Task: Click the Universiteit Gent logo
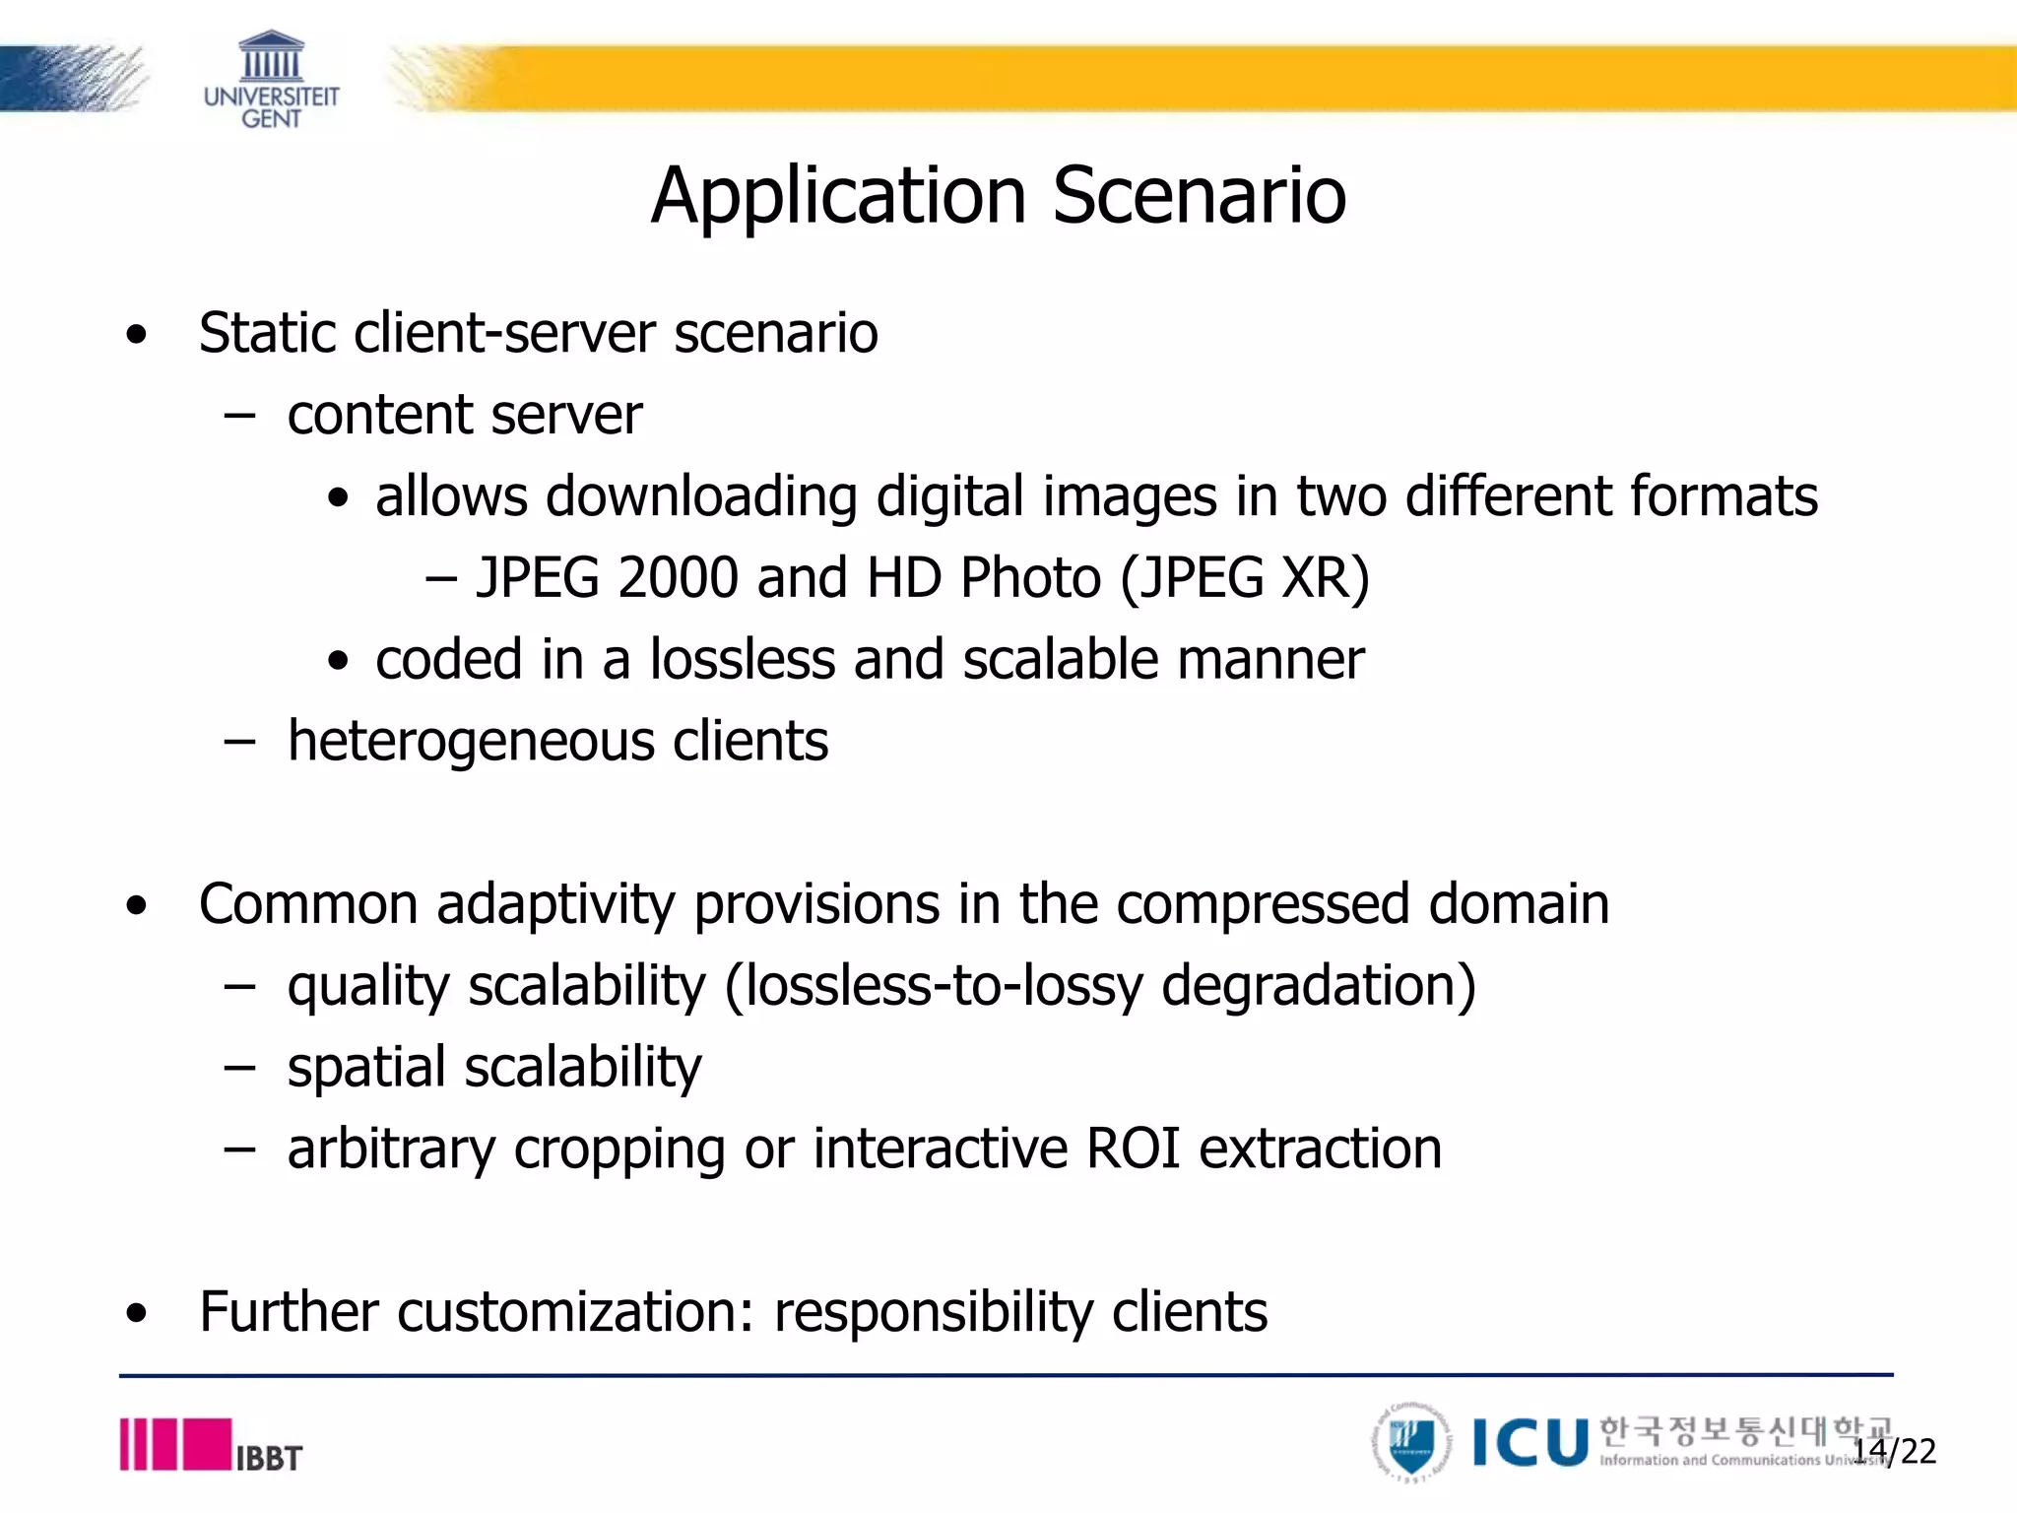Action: tap(271, 79)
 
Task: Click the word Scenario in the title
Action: tap(1199, 195)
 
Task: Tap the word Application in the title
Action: tap(839, 195)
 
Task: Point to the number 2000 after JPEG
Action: tap(678, 577)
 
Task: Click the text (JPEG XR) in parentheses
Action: tap(1245, 577)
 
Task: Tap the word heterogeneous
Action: tap(471, 741)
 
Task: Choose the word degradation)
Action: tap(1319, 985)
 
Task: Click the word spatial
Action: tap(366, 1068)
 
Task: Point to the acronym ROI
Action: tap(1133, 1149)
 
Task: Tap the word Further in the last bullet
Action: tap(289, 1312)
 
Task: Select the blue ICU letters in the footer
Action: tap(1530, 1443)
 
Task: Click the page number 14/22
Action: tap(1894, 1451)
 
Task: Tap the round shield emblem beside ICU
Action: tap(1412, 1443)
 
